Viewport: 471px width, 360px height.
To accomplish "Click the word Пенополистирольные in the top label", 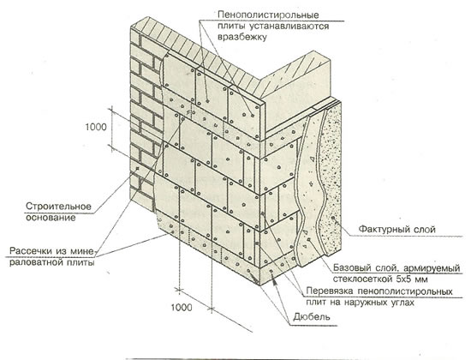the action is (268, 15).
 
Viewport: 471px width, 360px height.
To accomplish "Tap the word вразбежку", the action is (241, 38).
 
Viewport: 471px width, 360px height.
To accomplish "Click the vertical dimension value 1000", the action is (96, 127).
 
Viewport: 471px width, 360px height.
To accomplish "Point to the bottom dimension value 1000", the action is (182, 308).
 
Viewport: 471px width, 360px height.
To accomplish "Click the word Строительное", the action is (58, 207).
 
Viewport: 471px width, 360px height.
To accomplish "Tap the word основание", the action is (51, 218).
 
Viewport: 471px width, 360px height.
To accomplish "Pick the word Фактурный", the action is (385, 230).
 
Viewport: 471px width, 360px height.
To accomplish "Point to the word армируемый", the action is (432, 268).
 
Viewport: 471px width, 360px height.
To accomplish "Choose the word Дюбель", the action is (312, 316).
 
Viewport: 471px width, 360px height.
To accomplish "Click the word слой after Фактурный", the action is (425, 230).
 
